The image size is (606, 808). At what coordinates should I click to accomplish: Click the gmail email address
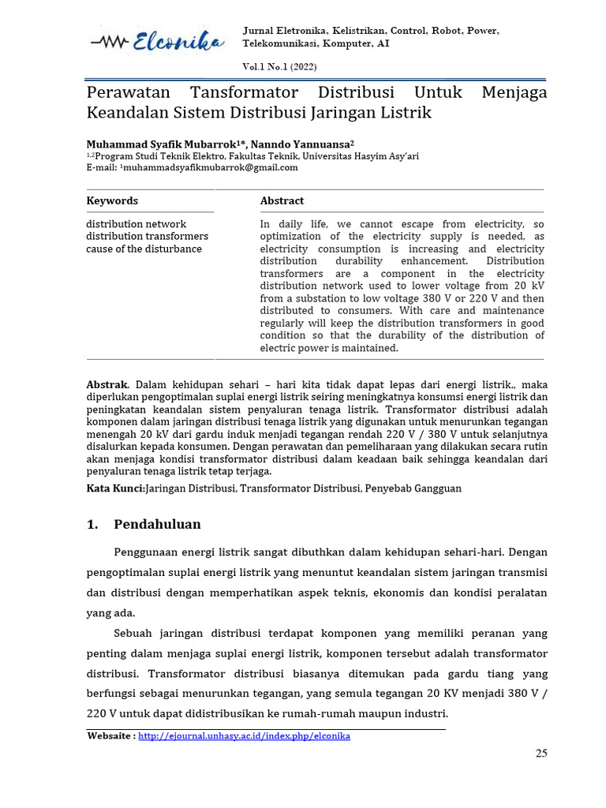pyautogui.click(x=211, y=167)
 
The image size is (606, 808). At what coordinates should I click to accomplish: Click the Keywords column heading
pyautogui.click(x=112, y=201)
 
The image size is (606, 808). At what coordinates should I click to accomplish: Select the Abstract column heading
pyautogui.click(x=282, y=201)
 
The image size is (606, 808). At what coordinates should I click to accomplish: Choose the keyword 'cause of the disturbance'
pyautogui.click(x=144, y=249)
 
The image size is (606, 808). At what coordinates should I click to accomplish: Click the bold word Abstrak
pyautogui.click(x=107, y=384)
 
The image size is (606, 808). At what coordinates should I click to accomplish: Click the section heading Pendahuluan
pyautogui.click(x=157, y=525)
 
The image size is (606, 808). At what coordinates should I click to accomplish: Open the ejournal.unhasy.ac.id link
pyautogui.click(x=244, y=736)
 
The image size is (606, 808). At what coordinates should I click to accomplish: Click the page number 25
pyautogui.click(x=541, y=754)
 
